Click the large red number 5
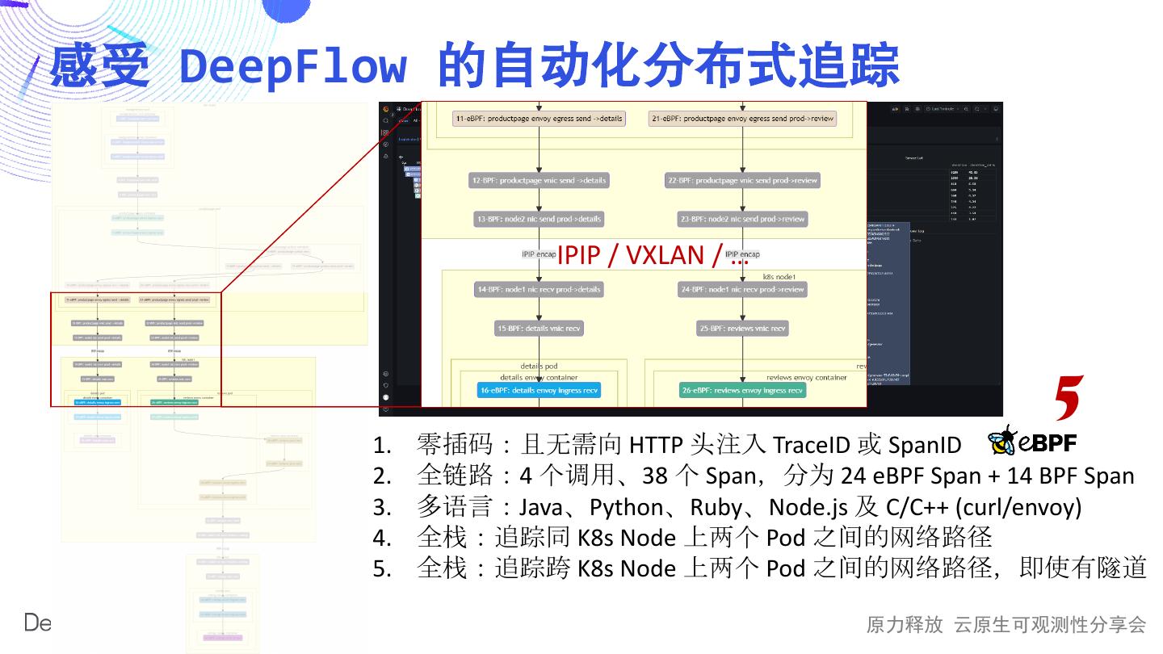click(x=1068, y=397)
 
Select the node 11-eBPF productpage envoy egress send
click(x=539, y=119)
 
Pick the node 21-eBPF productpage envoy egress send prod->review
click(x=742, y=119)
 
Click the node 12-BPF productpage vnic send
click(x=539, y=181)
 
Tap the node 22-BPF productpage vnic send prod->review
click(x=742, y=181)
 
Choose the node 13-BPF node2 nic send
click(x=539, y=219)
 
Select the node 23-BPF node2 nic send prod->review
click(x=742, y=219)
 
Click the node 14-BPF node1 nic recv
click(x=539, y=289)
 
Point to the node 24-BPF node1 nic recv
click(x=742, y=289)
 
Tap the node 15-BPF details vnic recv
click(x=539, y=329)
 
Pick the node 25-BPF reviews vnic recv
click(x=742, y=329)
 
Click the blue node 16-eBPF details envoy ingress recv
click(x=539, y=391)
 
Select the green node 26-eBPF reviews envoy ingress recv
click(x=742, y=391)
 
